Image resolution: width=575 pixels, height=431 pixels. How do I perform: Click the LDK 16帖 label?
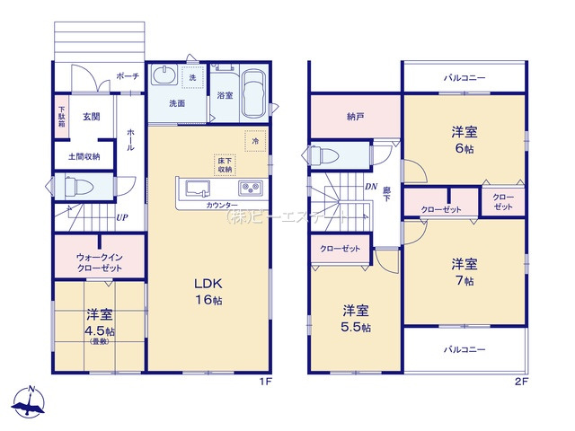click(x=208, y=291)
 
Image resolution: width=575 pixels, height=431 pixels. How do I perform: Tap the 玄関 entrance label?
click(x=92, y=116)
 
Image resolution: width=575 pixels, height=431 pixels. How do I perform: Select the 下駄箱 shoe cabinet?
click(x=61, y=117)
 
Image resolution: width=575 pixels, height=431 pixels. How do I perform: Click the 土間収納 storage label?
click(x=84, y=155)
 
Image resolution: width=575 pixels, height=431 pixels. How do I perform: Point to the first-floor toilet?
click(x=74, y=188)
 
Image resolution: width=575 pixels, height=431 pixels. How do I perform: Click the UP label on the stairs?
click(x=119, y=217)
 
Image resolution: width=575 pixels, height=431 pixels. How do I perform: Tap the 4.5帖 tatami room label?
click(x=100, y=323)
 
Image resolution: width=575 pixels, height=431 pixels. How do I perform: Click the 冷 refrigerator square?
click(x=255, y=141)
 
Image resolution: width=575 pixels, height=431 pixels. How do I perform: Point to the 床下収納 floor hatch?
click(x=225, y=164)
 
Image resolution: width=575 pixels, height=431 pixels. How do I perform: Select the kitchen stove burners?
click(x=249, y=189)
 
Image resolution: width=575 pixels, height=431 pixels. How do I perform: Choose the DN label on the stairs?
click(x=370, y=187)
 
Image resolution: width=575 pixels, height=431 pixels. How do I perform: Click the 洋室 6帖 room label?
click(x=464, y=139)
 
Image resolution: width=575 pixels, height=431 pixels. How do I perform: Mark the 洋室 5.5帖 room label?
click(x=356, y=319)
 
